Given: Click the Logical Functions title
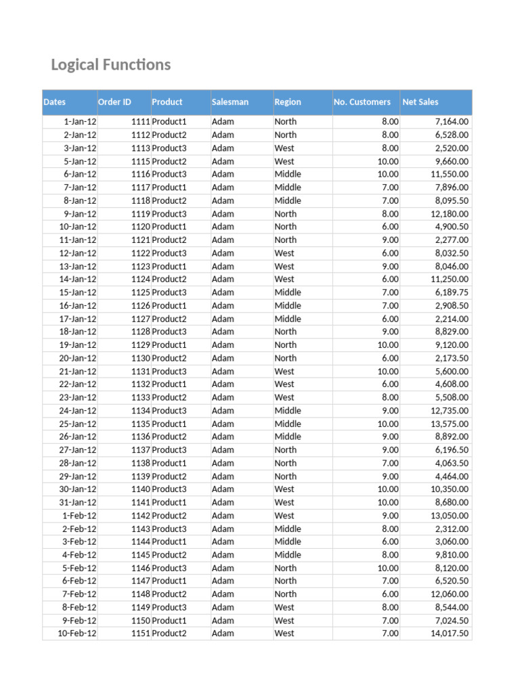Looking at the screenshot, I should (x=111, y=65).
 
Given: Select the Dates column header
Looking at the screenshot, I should (x=55, y=102).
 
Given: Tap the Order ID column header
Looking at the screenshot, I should (x=114, y=102).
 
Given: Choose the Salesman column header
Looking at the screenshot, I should (x=230, y=102).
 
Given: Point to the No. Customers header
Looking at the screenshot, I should (x=362, y=102).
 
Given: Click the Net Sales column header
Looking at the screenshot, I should (x=420, y=102).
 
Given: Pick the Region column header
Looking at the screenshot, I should (x=288, y=102).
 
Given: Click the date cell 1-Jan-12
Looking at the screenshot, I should (x=80, y=122).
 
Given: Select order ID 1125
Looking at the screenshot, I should (x=140, y=292).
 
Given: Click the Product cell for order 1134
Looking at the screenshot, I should (x=169, y=411).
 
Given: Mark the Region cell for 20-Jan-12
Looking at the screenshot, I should (x=285, y=358).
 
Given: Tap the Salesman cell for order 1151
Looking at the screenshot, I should (x=223, y=633).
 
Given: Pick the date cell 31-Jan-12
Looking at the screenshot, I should (x=78, y=502).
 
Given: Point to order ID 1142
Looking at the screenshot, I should (x=140, y=516).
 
